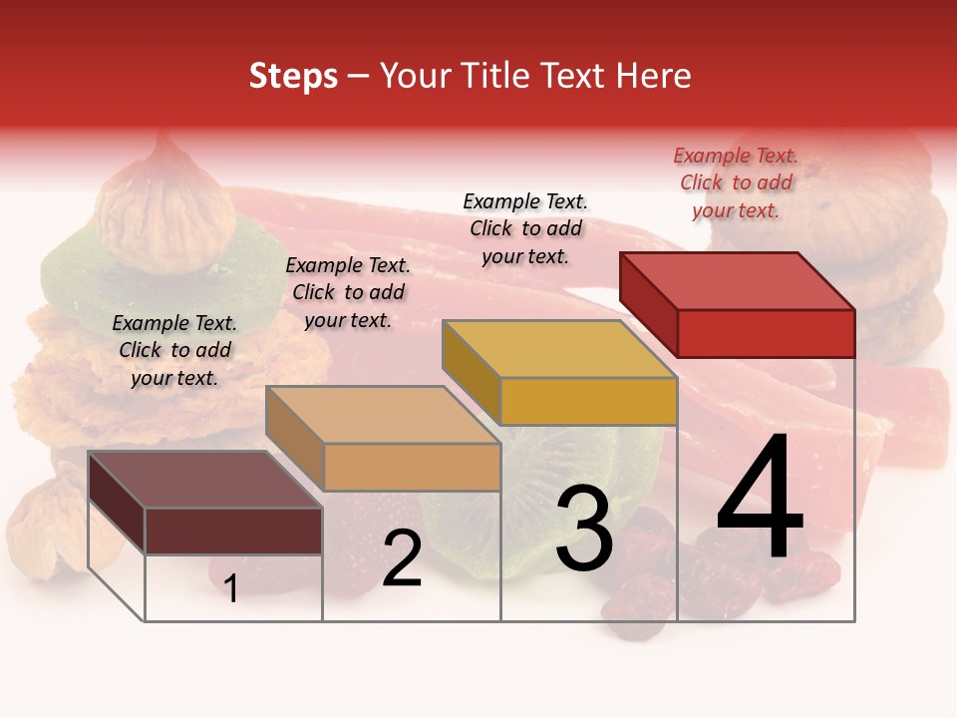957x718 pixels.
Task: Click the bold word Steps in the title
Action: pyautogui.click(x=293, y=77)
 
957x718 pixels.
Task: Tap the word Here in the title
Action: pyautogui.click(x=655, y=77)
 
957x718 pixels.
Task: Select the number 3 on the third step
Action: pyautogui.click(x=583, y=530)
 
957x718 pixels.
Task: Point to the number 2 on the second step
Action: pyautogui.click(x=402, y=558)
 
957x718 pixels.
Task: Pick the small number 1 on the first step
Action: pyautogui.click(x=231, y=589)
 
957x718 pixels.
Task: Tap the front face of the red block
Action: pyautogui.click(x=766, y=333)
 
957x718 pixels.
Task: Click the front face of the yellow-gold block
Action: pyautogui.click(x=588, y=401)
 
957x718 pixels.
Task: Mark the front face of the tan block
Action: pyautogui.click(x=412, y=467)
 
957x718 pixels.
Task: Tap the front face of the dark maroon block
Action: pyautogui.click(x=233, y=531)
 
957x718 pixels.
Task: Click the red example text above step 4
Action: pyautogui.click(x=736, y=182)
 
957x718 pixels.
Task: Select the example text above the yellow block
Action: pyautogui.click(x=525, y=228)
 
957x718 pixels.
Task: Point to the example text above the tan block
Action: pyautogui.click(x=348, y=292)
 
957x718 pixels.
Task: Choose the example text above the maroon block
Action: pyautogui.click(x=174, y=350)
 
